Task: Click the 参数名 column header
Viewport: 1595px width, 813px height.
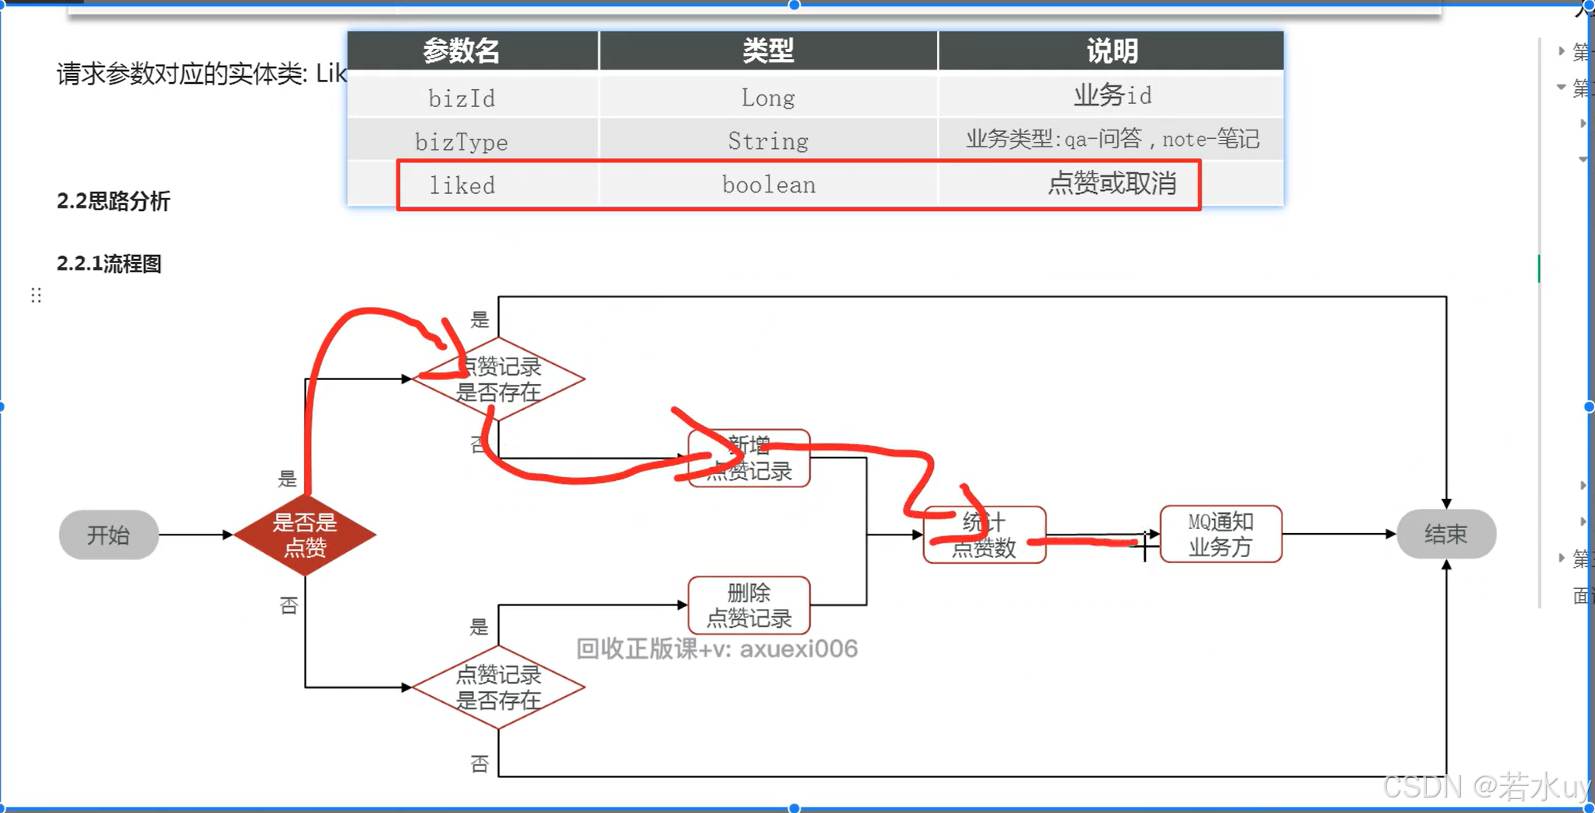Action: (461, 51)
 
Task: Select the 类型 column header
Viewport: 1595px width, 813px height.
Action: (767, 51)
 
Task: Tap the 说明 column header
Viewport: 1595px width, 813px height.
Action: (1111, 51)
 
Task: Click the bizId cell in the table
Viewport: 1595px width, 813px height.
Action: (462, 98)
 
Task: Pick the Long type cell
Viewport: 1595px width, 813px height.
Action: (767, 98)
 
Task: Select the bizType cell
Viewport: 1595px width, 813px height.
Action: (462, 142)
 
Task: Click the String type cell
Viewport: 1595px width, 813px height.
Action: (767, 141)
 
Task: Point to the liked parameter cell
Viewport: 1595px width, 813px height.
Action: (462, 185)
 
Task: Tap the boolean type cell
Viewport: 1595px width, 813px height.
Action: (768, 185)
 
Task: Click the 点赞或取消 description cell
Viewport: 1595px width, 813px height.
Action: (1111, 184)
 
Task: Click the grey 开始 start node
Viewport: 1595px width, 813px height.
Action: (109, 535)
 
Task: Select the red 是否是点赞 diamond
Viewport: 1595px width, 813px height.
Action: (305, 535)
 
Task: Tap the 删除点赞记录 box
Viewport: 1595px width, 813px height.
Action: (749, 605)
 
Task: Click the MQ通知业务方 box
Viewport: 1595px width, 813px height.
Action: (1220, 534)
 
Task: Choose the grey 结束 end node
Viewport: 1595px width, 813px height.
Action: (1446, 534)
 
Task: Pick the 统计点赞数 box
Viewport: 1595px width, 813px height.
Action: (984, 535)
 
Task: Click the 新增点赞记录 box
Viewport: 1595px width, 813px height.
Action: (749, 458)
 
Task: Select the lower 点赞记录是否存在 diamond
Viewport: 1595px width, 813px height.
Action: (498, 687)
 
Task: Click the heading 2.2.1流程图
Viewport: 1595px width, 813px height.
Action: (109, 264)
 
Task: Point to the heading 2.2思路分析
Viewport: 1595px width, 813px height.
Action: (113, 202)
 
